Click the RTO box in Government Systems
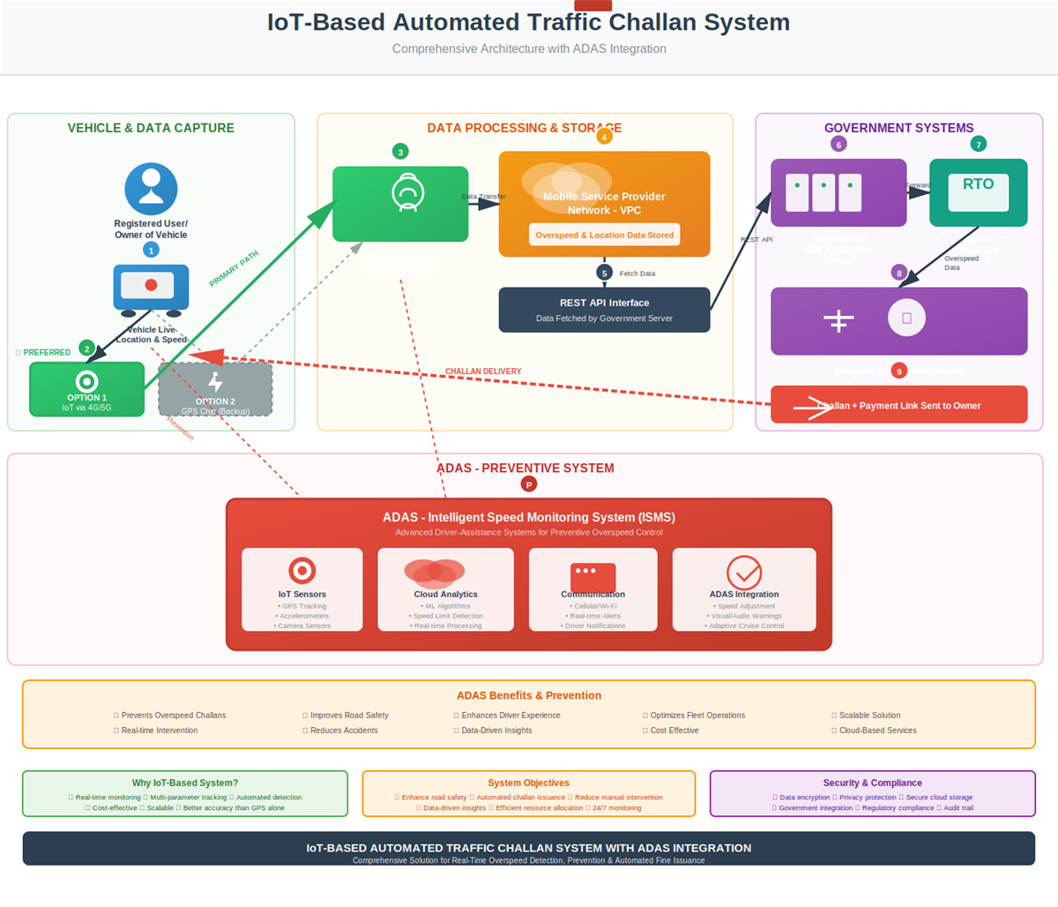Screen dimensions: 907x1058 pyautogui.click(x=978, y=192)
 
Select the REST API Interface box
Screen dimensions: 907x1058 pyautogui.click(x=604, y=310)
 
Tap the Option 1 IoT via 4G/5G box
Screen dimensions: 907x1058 pyautogui.click(x=86, y=389)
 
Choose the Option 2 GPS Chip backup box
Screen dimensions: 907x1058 pyautogui.click(x=215, y=389)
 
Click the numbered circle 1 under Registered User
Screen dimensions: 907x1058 pyautogui.click(x=151, y=251)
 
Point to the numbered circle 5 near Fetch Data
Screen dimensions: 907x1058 pyautogui.click(x=604, y=274)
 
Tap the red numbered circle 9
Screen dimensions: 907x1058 pyautogui.click(x=898, y=371)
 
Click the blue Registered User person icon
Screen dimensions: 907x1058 pyautogui.click(x=151, y=189)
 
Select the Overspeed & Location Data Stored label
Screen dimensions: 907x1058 pyautogui.click(x=604, y=235)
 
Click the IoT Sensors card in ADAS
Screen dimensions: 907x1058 pyautogui.click(x=302, y=589)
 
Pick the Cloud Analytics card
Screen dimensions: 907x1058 pyautogui.click(x=445, y=589)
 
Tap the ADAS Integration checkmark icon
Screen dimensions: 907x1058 pyautogui.click(x=743, y=573)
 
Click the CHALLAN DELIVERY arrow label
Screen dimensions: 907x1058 pyautogui.click(x=483, y=371)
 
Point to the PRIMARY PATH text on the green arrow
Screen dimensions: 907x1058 pyautogui.click(x=234, y=269)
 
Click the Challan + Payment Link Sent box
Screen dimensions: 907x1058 pyautogui.click(x=898, y=405)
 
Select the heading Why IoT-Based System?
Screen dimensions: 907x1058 pyautogui.click(x=185, y=783)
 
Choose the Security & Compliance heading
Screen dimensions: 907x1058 pyautogui.click(x=872, y=783)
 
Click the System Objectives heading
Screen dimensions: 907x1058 pyautogui.click(x=528, y=783)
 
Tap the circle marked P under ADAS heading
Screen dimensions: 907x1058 pyautogui.click(x=528, y=484)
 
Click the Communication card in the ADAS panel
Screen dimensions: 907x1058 pyautogui.click(x=592, y=589)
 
